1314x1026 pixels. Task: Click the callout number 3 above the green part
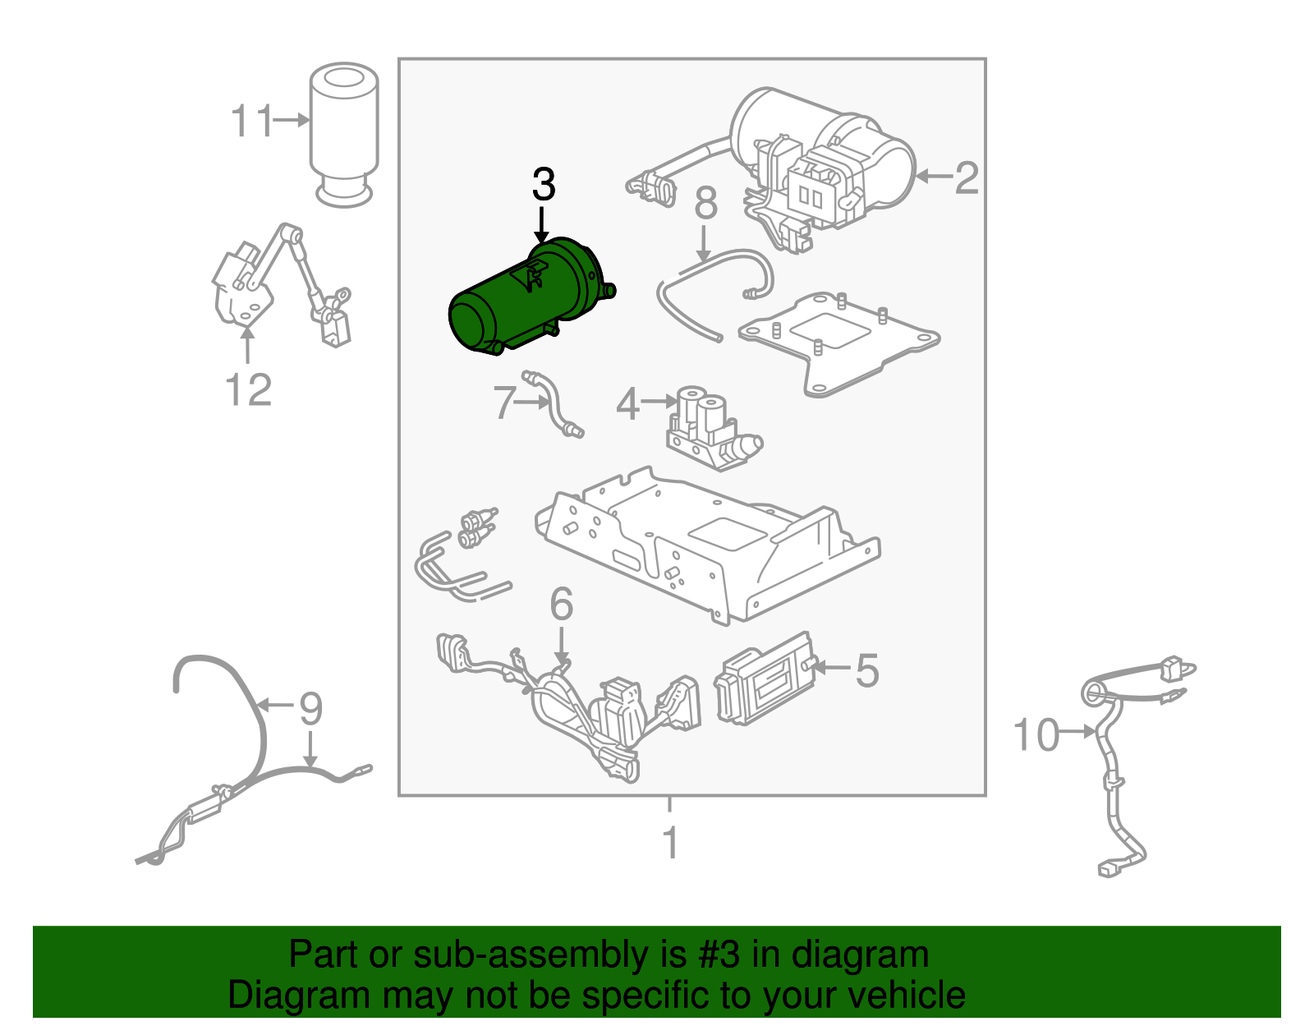544,185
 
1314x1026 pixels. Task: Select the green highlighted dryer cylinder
526,300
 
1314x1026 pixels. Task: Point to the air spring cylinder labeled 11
344,136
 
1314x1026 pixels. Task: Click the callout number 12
248,389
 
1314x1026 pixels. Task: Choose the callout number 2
967,177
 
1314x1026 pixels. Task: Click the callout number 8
705,204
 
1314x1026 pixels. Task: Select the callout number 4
628,404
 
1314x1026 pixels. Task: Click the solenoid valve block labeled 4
710,431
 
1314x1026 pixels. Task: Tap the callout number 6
562,605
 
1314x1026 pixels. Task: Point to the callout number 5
867,670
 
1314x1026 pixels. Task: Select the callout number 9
310,708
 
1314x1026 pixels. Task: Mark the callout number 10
1036,734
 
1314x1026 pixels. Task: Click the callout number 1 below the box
671,843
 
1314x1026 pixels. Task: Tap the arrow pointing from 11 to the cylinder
292,121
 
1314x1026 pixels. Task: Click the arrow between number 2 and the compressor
933,176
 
